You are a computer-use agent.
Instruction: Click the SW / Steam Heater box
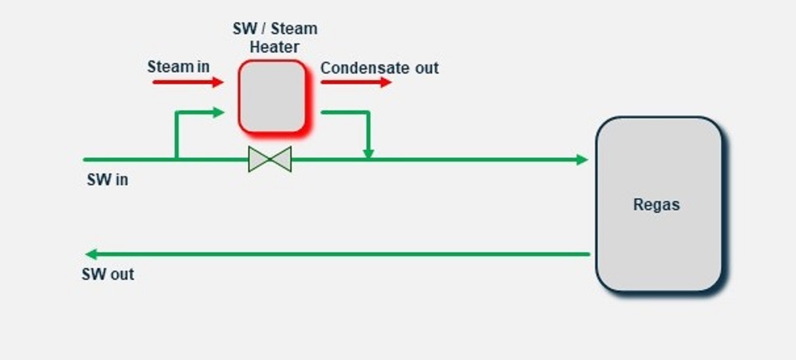272,96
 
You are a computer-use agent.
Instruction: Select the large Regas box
659,204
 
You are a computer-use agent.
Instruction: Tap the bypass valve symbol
269,159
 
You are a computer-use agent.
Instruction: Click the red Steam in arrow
188,82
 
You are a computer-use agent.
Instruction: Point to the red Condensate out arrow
355,82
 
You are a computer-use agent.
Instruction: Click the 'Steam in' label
178,66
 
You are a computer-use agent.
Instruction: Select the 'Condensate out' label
379,68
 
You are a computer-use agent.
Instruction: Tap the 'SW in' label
107,179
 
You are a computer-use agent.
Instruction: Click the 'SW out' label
108,274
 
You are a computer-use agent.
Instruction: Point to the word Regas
656,204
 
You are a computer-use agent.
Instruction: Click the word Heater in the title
274,47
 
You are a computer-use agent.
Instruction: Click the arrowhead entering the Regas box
582,160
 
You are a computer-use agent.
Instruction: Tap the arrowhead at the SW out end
92,254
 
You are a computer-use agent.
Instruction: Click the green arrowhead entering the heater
219,112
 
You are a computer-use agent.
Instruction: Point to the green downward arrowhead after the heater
368,154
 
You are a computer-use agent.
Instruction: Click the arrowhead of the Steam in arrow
218,82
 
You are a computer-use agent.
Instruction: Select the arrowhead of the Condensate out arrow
386,82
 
